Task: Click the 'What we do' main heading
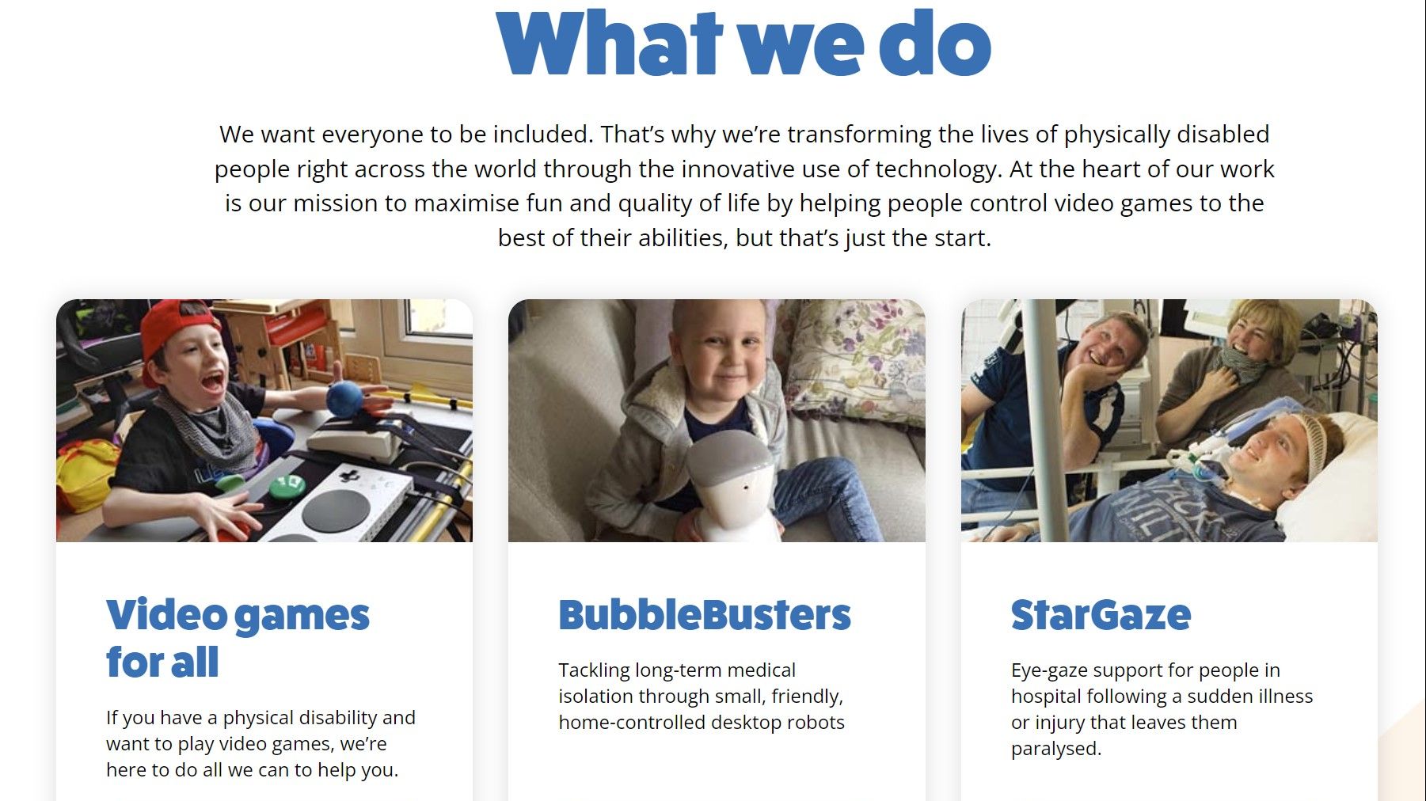coord(743,44)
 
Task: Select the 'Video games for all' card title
coord(238,639)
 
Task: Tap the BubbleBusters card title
coord(705,615)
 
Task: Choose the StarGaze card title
coord(1101,615)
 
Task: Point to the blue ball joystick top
coord(344,398)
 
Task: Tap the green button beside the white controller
coord(287,483)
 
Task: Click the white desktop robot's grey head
coord(730,461)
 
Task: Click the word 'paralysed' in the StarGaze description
coord(1055,748)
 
